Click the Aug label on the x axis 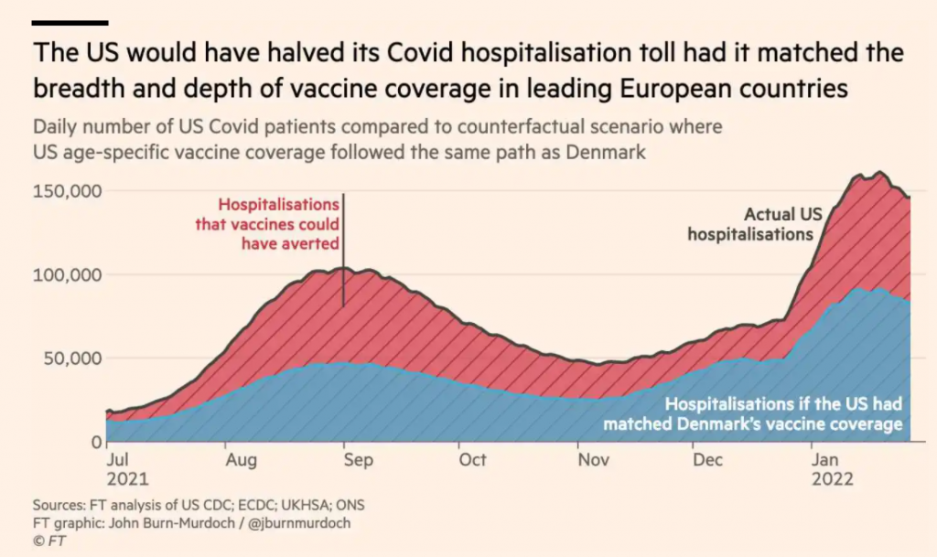pos(242,460)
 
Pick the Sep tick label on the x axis pos(357,460)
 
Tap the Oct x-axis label pos(472,460)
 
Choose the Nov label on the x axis pos(593,460)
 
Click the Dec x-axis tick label pos(707,460)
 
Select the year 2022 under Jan pos(834,479)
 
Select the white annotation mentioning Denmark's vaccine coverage pos(752,414)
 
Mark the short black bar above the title pos(70,22)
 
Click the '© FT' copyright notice pos(51,541)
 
